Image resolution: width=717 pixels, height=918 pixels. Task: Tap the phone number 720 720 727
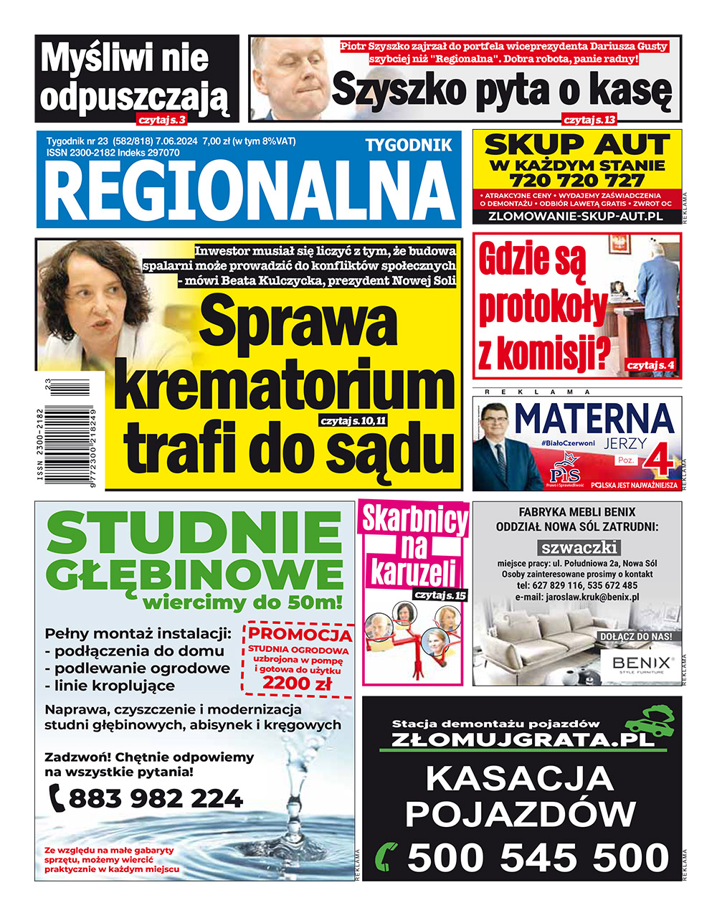coord(576,180)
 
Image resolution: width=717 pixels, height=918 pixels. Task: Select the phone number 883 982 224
coord(156,798)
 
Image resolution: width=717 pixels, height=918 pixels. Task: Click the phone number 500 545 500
coord(538,858)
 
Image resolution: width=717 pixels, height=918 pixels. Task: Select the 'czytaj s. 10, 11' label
coord(353,421)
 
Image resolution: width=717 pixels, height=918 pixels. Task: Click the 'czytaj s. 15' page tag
coord(440,595)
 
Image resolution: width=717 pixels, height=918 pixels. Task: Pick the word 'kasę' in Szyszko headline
coord(632,90)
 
